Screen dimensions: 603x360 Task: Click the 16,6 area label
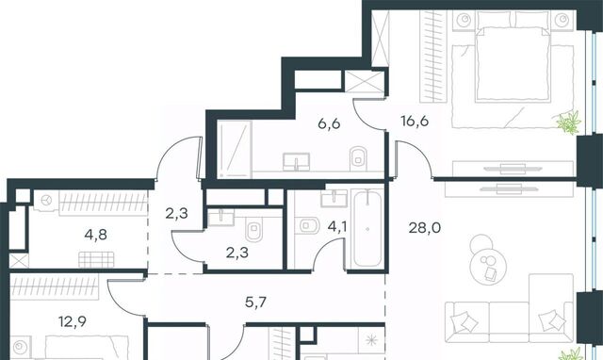415,122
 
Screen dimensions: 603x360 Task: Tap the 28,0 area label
425,228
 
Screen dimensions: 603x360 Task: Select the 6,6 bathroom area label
329,123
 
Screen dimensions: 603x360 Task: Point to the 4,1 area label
337,226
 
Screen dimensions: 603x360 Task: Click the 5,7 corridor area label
255,303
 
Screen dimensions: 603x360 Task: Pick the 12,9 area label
73,321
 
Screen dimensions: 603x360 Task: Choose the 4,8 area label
96,234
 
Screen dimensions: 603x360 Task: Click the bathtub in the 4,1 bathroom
367,228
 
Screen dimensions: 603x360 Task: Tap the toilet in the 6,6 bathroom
358,158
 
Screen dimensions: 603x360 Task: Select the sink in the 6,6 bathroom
296,162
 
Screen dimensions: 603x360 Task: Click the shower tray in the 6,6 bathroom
235,149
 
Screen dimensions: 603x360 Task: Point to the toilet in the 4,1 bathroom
307,225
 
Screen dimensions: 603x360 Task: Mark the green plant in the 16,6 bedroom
568,123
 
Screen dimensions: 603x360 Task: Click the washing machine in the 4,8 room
46,201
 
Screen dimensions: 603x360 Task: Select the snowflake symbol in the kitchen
371,340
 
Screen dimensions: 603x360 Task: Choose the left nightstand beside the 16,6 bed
464,19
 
